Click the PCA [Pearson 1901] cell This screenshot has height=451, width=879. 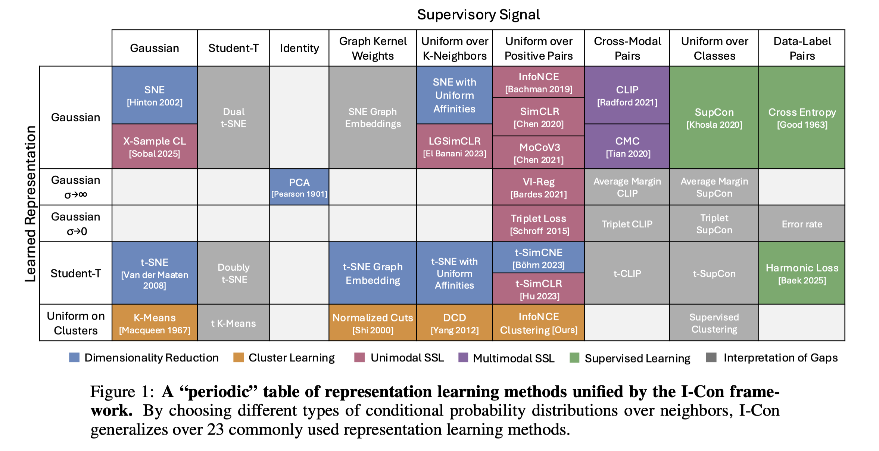(x=299, y=187)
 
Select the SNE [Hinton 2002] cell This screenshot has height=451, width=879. (x=155, y=95)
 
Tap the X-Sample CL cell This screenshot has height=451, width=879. (x=155, y=146)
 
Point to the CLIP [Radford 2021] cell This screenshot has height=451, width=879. (x=627, y=95)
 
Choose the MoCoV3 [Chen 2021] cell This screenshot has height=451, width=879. (x=539, y=153)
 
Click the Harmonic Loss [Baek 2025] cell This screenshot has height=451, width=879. (x=802, y=273)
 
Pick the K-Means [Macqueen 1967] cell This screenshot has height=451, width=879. (x=155, y=323)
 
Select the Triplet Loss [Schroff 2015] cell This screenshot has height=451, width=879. (x=539, y=224)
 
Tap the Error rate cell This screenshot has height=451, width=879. (x=802, y=224)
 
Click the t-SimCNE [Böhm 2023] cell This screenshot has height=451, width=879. (x=539, y=258)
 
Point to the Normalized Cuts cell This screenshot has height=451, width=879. (x=373, y=323)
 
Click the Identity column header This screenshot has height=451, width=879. (x=299, y=48)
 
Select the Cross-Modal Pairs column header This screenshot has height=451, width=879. (x=627, y=48)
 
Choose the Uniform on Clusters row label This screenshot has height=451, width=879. (x=76, y=323)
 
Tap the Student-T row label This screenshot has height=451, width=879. (x=76, y=273)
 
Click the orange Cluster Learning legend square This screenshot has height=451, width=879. (x=239, y=358)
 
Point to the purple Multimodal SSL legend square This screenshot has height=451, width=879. (x=463, y=358)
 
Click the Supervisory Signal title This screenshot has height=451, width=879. (x=478, y=15)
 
